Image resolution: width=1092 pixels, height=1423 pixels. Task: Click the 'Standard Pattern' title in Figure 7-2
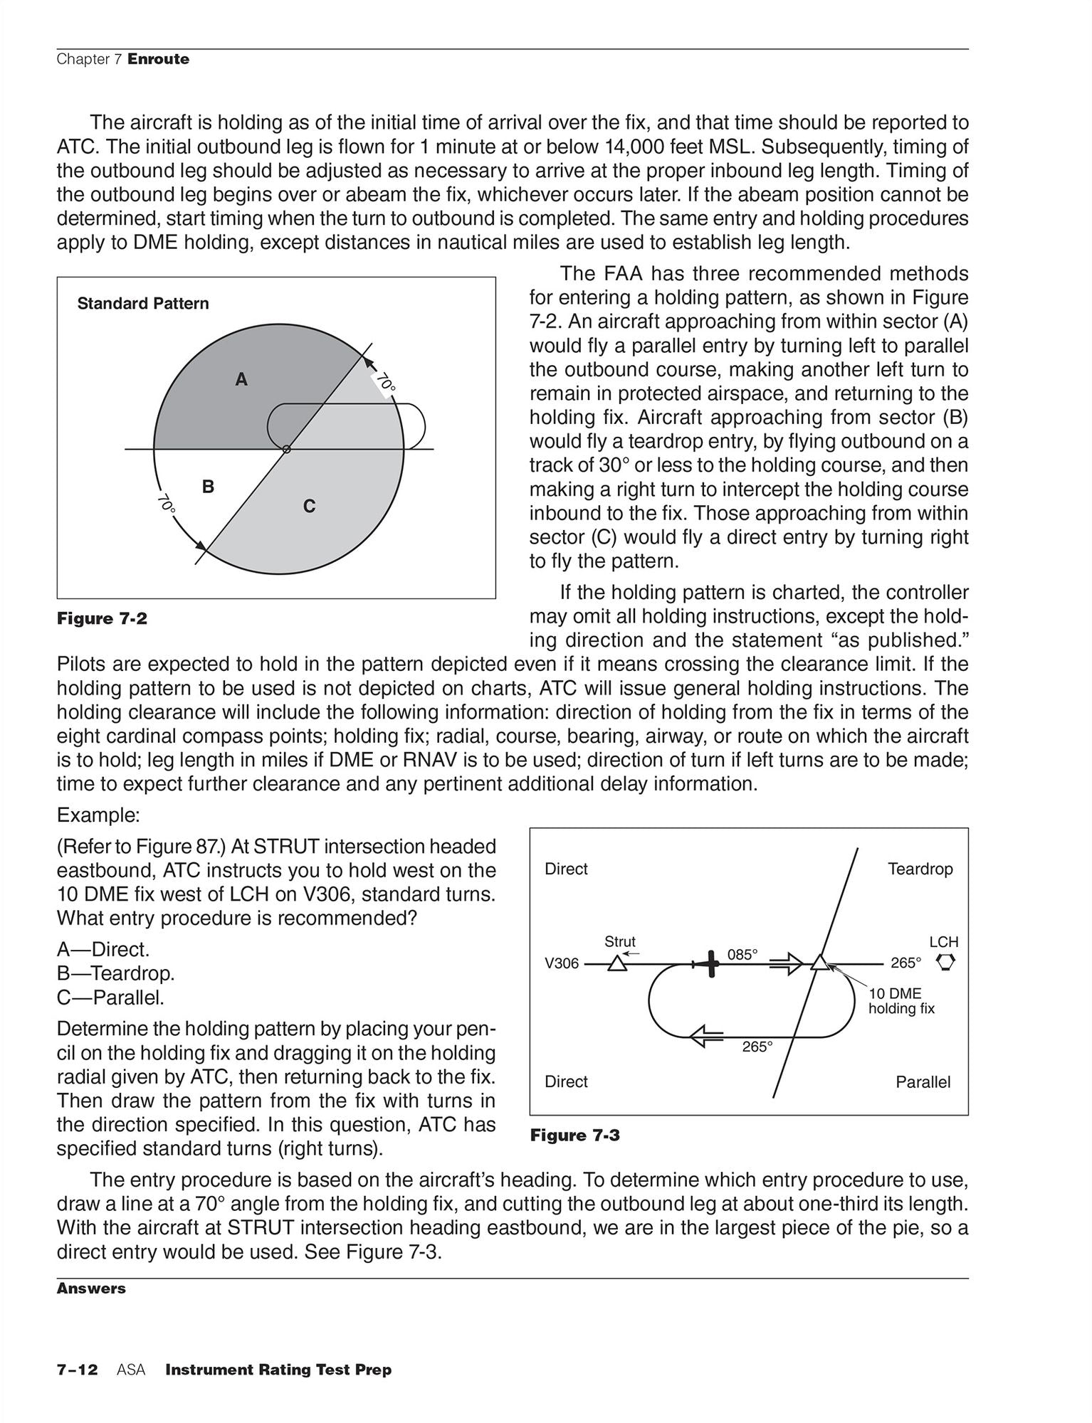coord(143,304)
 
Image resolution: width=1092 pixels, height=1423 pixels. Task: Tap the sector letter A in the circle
coord(242,380)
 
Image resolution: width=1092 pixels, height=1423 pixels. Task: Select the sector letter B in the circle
coord(208,487)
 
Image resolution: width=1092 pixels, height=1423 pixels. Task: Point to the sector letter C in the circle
coord(309,507)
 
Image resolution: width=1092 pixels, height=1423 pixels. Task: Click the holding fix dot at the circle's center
coord(286,449)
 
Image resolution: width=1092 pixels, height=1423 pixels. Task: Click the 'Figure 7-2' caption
coord(102,619)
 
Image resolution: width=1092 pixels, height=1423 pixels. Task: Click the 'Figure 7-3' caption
coord(574,1136)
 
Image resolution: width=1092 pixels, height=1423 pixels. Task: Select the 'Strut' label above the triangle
coord(619,942)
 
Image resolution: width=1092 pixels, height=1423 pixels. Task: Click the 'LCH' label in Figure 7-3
coord(944,942)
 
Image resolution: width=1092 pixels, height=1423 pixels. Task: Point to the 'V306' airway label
coord(562,964)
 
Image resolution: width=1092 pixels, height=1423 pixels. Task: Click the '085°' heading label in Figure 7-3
coord(742,955)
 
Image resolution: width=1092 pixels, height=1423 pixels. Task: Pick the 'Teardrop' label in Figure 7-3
coord(920,869)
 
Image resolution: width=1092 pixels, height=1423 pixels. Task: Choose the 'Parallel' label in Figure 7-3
coord(923,1082)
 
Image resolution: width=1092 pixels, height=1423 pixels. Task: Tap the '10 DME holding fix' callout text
coord(901,1001)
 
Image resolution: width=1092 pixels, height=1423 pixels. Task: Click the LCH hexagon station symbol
coord(947,963)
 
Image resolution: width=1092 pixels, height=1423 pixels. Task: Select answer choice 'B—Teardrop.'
coord(115,973)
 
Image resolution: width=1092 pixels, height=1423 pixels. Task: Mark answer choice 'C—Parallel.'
coord(110,998)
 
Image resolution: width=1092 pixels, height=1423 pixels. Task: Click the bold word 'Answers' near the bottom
coord(91,1289)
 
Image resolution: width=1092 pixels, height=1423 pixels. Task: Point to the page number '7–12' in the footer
coord(77,1370)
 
